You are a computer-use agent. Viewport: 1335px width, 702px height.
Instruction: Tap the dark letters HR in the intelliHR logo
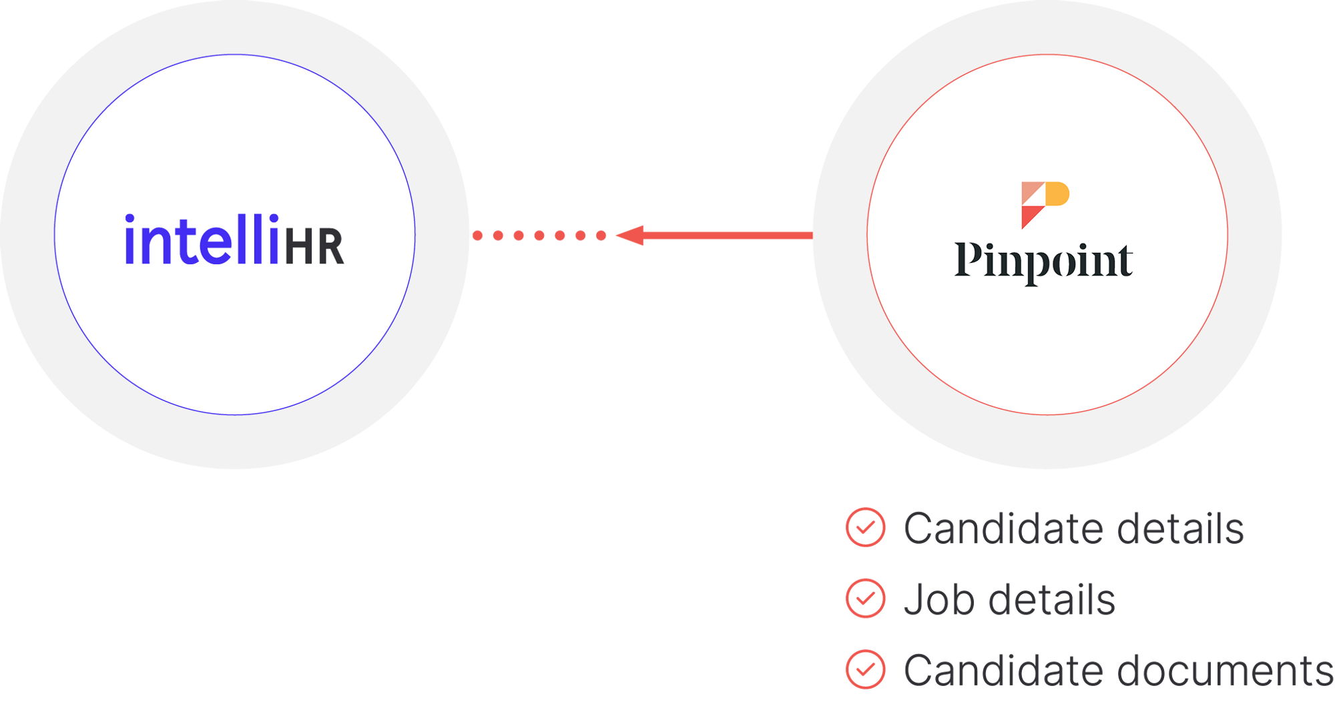click(x=314, y=246)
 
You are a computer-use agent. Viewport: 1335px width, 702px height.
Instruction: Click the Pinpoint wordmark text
click(x=1043, y=262)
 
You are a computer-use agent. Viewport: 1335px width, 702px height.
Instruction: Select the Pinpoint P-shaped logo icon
click(x=1045, y=204)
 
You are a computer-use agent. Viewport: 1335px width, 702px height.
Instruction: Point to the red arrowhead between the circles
click(x=630, y=235)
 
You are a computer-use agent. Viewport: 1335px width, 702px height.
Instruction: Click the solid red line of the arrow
click(x=728, y=235)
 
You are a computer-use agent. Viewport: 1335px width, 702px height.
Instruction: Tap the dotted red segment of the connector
click(x=539, y=235)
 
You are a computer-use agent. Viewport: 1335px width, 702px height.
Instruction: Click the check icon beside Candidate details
click(x=866, y=527)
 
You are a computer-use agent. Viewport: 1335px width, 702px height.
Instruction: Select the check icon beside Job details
click(x=866, y=598)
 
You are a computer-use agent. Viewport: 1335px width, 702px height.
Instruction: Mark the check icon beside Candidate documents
click(x=866, y=669)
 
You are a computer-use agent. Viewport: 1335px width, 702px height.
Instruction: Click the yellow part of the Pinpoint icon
click(x=1058, y=194)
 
